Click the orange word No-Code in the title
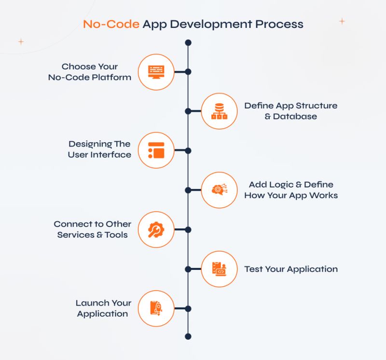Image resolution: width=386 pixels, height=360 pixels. [110, 24]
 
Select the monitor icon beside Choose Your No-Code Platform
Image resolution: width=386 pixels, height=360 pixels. [156, 72]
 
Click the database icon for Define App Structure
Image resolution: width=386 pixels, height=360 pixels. [219, 111]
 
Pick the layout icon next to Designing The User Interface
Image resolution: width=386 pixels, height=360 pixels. [156, 150]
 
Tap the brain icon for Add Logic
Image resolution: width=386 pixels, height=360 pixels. [219, 190]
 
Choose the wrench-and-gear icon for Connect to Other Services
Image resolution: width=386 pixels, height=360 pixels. [156, 229]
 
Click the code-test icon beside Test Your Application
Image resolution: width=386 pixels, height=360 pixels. [219, 269]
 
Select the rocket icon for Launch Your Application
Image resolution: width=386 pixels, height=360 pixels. [156, 308]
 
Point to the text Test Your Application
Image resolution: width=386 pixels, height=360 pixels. [290, 269]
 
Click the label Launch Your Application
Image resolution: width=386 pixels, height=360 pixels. [103, 308]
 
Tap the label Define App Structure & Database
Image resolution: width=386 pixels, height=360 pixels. [290, 111]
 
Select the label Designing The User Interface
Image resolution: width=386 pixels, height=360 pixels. [99, 149]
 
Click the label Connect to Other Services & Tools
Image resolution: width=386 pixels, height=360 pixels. [92, 229]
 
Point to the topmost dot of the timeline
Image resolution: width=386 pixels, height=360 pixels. [188, 43]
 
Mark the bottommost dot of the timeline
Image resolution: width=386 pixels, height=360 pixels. [188, 336]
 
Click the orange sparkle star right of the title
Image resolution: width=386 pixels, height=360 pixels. [342, 21]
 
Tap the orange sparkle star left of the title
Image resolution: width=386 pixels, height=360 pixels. [21, 41]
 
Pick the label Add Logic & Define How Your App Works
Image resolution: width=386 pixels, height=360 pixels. [290, 190]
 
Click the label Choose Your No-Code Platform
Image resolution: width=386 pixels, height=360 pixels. [90, 72]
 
